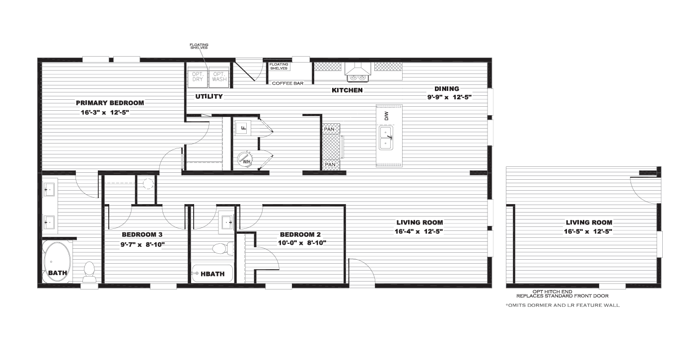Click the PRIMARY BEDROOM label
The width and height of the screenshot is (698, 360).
(110, 103)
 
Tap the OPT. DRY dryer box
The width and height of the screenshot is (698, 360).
(198, 76)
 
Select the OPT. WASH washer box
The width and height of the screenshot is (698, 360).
(219, 76)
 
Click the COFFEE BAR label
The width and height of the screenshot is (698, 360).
(287, 83)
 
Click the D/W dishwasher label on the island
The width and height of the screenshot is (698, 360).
(387, 116)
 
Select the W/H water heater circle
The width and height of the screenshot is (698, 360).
(245, 159)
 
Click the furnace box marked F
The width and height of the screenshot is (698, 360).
(243, 128)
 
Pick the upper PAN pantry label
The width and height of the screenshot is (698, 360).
(329, 129)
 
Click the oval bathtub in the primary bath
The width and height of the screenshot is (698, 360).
(57, 262)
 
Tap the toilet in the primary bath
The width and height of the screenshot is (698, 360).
(89, 272)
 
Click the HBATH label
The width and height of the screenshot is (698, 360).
(212, 274)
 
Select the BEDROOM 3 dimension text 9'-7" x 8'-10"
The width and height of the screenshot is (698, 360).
(142, 245)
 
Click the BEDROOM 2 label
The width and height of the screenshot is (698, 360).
(300, 234)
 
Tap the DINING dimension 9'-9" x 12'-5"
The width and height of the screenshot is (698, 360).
(449, 97)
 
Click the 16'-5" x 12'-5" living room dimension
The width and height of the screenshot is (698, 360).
(588, 231)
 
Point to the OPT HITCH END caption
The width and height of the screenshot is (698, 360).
(552, 292)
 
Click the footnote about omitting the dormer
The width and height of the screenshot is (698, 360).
(562, 305)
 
